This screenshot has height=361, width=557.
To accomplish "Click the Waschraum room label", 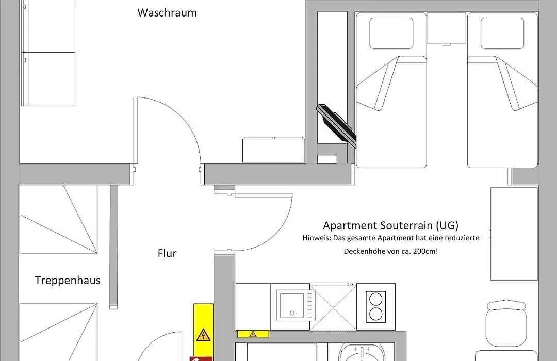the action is [167, 13].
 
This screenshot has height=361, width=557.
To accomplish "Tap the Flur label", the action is [167, 253].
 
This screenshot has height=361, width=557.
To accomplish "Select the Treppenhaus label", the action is [68, 281].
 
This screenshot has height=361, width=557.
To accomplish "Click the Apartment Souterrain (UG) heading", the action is [391, 226].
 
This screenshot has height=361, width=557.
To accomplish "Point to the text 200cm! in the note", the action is [425, 251].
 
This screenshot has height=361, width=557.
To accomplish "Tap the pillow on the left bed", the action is [391, 33].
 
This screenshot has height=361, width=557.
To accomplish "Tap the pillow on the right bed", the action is [502, 33].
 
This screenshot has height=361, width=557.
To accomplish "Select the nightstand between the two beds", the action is [446, 28].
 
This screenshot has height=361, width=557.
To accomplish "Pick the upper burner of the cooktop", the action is [376, 299].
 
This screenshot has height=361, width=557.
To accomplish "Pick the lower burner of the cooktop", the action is [376, 314].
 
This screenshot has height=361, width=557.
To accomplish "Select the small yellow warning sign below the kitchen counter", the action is [253, 334].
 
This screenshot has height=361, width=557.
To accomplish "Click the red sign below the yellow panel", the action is [201, 359].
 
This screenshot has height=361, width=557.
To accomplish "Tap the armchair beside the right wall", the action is [506, 323].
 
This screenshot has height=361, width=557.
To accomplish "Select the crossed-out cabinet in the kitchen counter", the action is [333, 307].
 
